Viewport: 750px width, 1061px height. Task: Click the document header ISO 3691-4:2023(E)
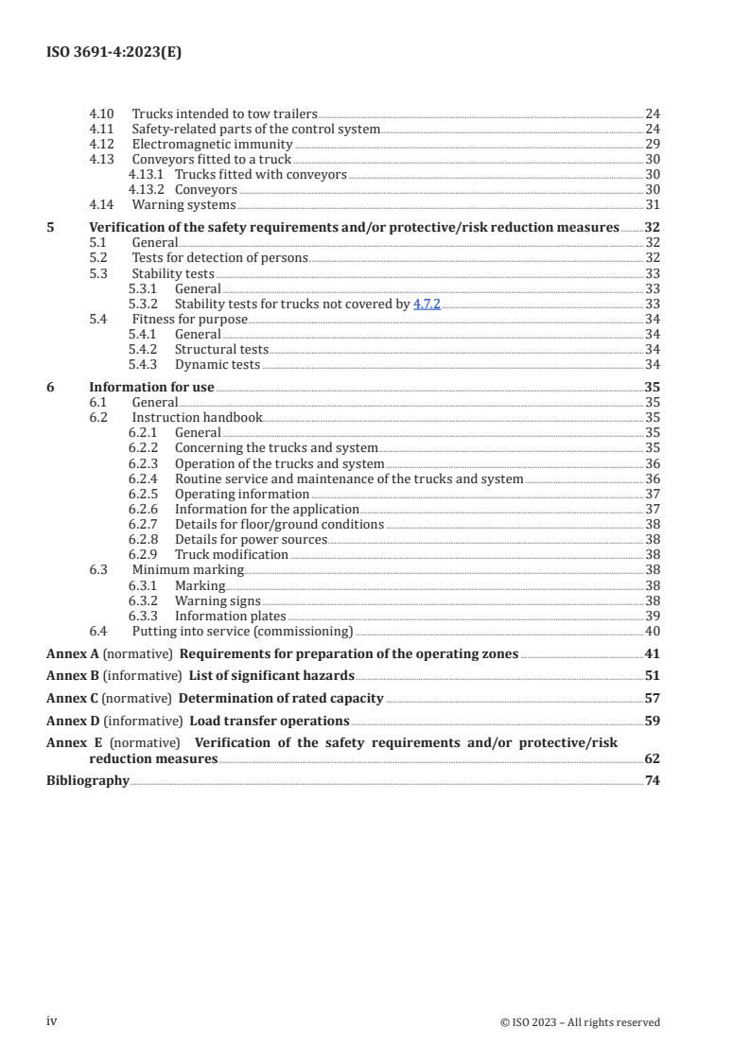tap(113, 53)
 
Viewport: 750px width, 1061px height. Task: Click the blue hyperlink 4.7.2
tap(427, 304)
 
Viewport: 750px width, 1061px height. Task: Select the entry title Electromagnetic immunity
tap(212, 144)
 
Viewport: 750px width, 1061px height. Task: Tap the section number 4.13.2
tap(146, 189)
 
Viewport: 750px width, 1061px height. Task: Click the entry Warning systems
tap(183, 204)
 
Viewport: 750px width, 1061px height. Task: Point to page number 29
tap(652, 144)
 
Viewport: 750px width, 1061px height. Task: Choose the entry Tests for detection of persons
tap(219, 257)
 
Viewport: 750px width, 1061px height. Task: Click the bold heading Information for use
tap(151, 387)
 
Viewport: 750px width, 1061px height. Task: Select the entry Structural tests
tap(221, 349)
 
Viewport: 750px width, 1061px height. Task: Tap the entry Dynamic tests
tap(218, 364)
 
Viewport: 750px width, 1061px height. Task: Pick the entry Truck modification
tap(232, 554)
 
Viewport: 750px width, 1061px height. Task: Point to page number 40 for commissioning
tap(652, 631)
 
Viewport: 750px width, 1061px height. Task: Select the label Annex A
tap(72, 653)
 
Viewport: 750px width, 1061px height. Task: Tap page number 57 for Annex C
tap(652, 698)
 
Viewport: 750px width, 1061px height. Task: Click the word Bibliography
tap(88, 780)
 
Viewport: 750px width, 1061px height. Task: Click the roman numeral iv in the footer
tap(52, 1020)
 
